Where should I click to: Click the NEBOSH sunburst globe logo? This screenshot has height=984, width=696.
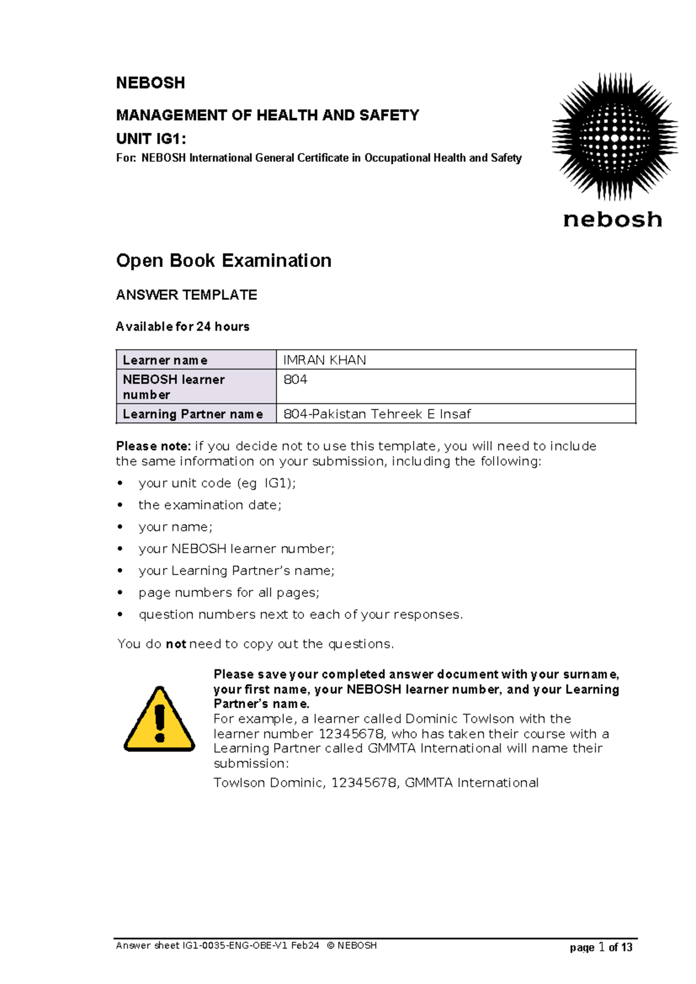tap(614, 138)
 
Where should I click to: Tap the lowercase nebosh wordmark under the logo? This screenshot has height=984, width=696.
tap(612, 220)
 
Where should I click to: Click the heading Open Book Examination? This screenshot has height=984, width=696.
tap(223, 261)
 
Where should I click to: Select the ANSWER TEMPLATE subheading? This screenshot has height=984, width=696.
tap(186, 295)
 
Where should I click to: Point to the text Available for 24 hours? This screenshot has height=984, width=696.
tap(183, 327)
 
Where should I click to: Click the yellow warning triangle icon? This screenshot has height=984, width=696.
tap(159, 719)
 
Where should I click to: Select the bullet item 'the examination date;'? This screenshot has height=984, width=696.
tap(209, 505)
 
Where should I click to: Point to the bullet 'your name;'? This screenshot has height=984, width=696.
tap(175, 527)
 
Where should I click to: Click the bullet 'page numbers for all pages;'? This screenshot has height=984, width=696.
tap(229, 593)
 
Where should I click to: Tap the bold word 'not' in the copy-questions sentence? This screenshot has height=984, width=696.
tap(176, 644)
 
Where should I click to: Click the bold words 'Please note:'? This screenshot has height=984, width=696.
tap(153, 446)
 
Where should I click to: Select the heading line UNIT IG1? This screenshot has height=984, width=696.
tap(151, 139)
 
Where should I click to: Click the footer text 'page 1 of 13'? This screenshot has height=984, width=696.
tap(601, 947)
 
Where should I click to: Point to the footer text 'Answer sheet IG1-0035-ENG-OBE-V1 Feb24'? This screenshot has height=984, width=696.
tap(217, 946)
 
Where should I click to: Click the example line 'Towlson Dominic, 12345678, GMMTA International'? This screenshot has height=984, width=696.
tap(376, 783)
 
